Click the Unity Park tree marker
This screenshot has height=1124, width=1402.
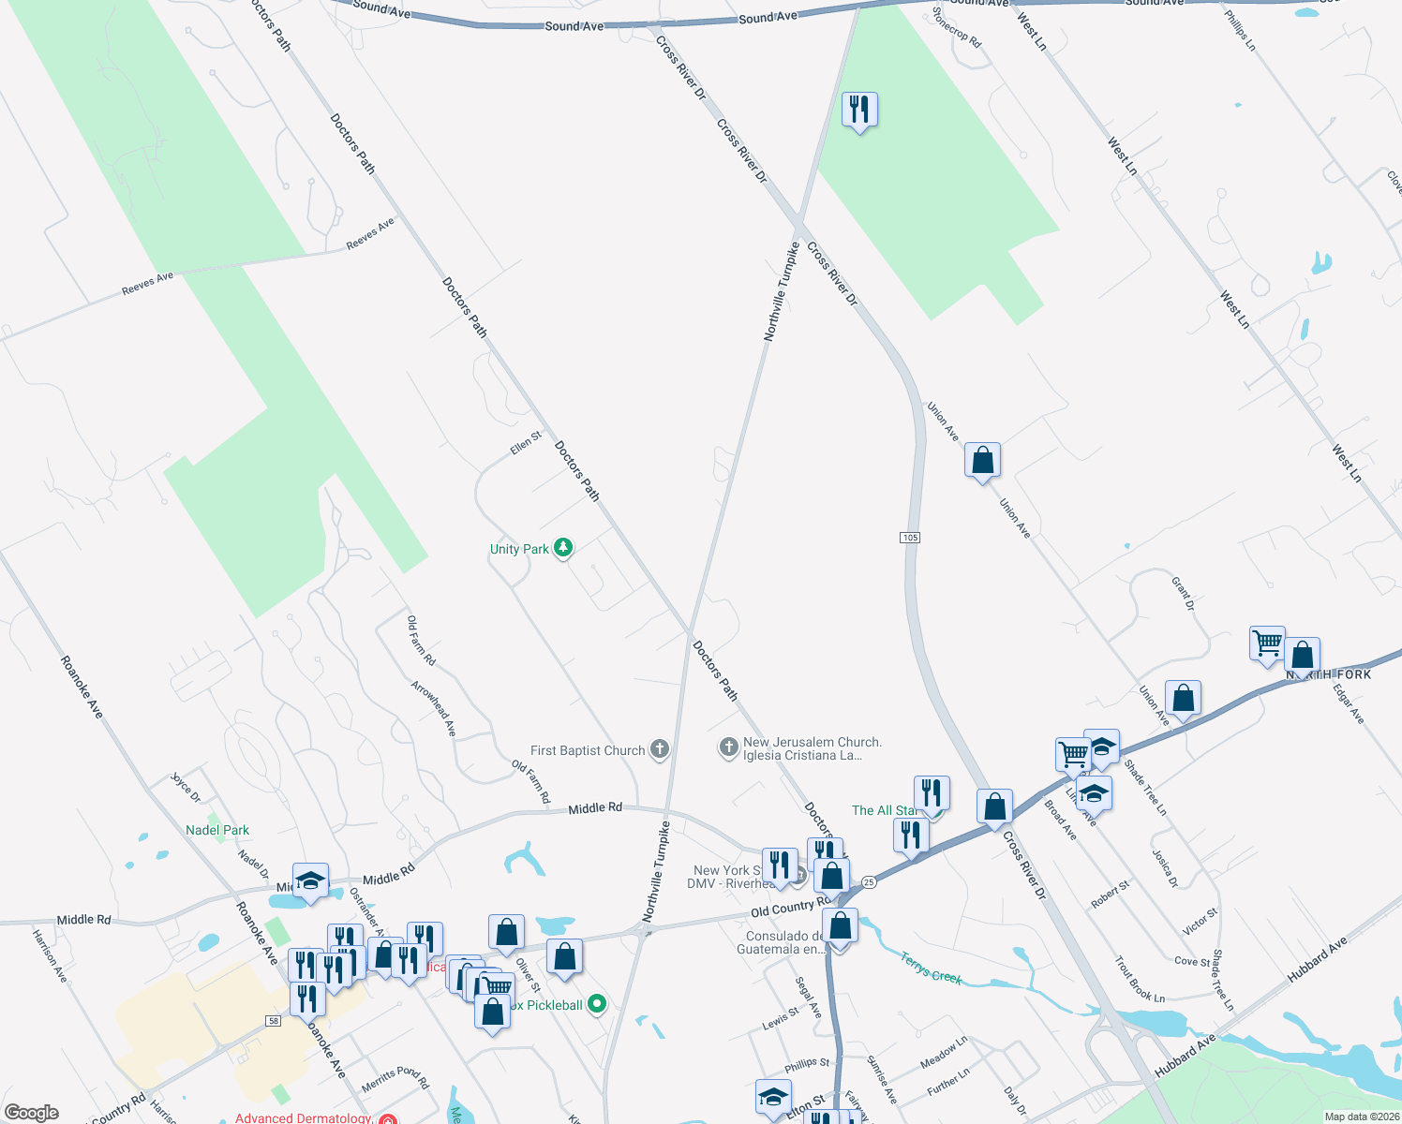[x=563, y=548]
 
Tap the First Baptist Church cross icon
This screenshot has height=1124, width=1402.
[x=660, y=749]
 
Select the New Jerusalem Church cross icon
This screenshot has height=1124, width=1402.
[x=728, y=747]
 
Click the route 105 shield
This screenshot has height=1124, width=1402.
[x=909, y=538]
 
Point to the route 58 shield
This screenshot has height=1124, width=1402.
[x=273, y=1020]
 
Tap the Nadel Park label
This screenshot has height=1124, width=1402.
[x=217, y=830]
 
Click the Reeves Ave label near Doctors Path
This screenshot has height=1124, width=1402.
[x=370, y=233]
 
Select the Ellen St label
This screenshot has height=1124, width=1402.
[x=526, y=443]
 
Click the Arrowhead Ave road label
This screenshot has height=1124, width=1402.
[x=433, y=707]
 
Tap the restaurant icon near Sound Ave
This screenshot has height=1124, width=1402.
[x=858, y=109]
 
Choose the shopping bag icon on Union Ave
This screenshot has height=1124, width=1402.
[x=982, y=460]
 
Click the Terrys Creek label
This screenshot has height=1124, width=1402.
[x=932, y=968]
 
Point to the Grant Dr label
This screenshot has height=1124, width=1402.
[x=1183, y=594]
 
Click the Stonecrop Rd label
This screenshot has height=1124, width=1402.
[x=956, y=28]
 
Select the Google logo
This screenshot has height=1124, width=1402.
[x=31, y=1113]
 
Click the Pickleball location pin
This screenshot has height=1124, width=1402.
[x=596, y=1005]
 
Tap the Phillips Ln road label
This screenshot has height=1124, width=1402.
[x=1239, y=29]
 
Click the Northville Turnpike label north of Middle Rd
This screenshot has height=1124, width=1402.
[x=781, y=290]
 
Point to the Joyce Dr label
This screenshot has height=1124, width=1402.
[x=185, y=788]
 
